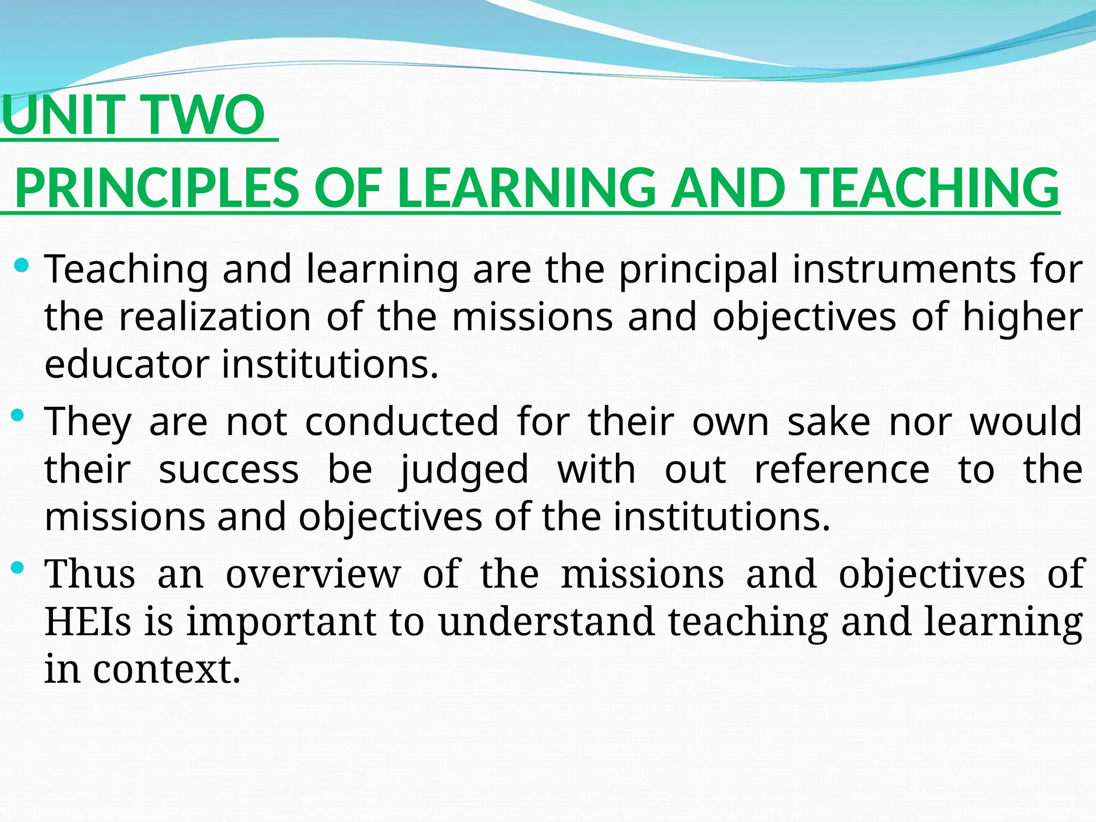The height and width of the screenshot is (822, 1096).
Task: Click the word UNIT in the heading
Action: tap(67, 115)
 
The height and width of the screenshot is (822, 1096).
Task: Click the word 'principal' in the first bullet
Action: tap(698, 270)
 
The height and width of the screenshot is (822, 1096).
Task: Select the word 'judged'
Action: tap(464, 470)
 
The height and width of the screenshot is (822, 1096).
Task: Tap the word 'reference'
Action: tap(842, 469)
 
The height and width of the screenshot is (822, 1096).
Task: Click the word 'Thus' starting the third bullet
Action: tap(90, 574)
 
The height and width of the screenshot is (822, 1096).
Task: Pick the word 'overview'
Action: tap(313, 574)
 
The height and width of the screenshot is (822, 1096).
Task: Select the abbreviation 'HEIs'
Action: tap(88, 622)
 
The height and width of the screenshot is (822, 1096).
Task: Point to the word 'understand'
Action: tap(546, 622)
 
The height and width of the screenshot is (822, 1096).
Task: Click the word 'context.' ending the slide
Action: tap(166, 669)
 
